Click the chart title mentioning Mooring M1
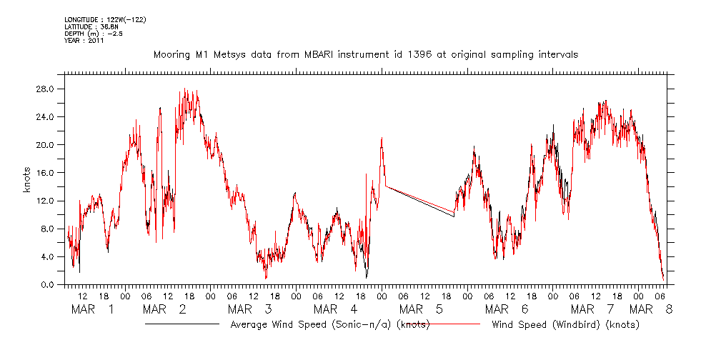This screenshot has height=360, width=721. [365, 54]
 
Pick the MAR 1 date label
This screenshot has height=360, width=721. [94, 309]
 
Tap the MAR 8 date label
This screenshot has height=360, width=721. [651, 309]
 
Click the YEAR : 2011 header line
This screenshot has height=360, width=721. [84, 41]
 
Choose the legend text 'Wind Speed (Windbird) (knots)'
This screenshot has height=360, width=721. [565, 325]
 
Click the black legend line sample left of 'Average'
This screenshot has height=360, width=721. [182, 324]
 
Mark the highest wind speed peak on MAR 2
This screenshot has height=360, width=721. [184, 89]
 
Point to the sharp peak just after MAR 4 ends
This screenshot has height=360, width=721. [382, 138]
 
